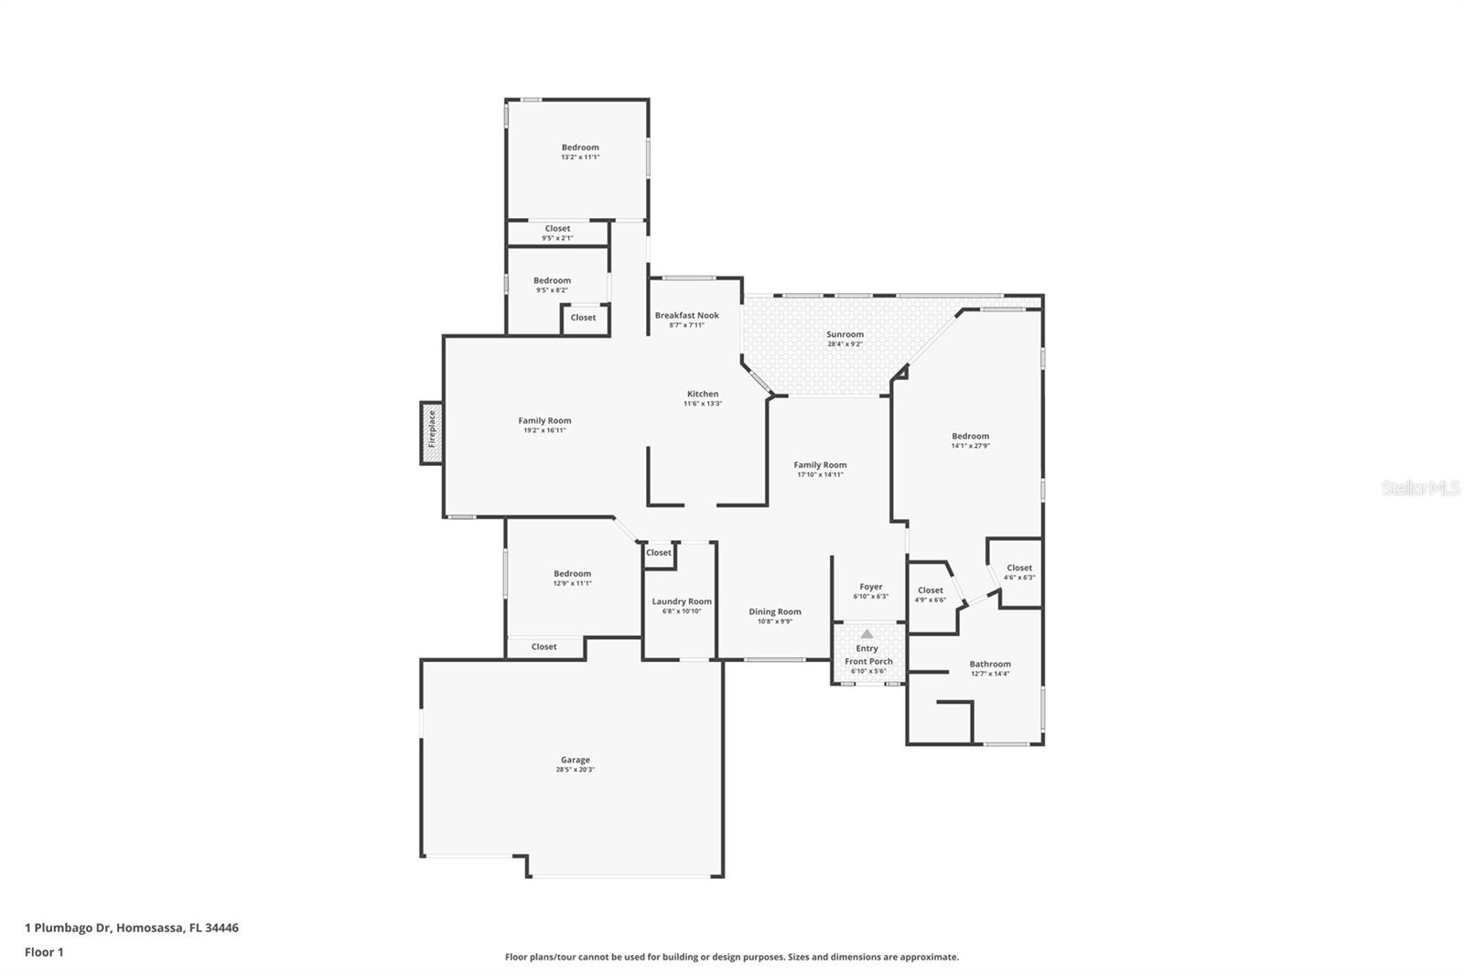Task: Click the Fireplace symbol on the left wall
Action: pos(432,432)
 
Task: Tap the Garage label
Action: pos(576,760)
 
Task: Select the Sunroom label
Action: pos(845,334)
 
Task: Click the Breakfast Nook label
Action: pos(686,315)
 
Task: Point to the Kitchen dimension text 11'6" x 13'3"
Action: pos(703,404)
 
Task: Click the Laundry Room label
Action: pos(682,602)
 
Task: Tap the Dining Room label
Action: pos(775,612)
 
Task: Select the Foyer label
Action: pos(870,587)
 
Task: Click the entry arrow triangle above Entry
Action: pos(867,634)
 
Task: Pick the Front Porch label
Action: pos(868,661)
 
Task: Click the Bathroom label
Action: pos(990,664)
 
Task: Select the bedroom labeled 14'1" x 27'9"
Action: pos(970,440)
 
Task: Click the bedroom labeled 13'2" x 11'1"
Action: pos(580,151)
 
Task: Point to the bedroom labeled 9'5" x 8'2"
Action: pos(552,285)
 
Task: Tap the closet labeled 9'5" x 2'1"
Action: pos(557,233)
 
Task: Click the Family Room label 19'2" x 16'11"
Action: pos(544,425)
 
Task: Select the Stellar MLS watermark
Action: pos(1420,488)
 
